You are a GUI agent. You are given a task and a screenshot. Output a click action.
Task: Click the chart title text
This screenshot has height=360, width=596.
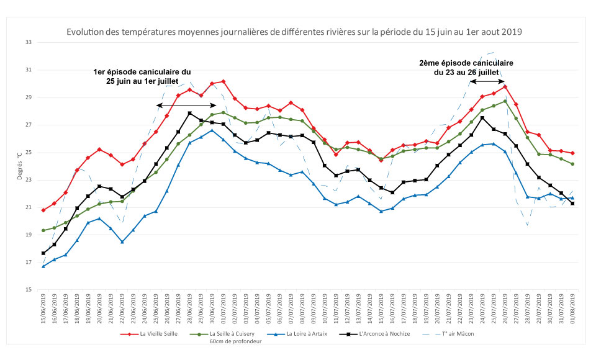click(294, 32)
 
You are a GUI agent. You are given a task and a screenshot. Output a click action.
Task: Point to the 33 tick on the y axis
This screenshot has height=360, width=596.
click(27, 43)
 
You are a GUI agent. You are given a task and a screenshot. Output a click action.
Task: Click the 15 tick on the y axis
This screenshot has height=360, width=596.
click(27, 290)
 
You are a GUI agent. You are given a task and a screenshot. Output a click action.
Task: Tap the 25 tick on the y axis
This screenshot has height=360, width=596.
click(27, 153)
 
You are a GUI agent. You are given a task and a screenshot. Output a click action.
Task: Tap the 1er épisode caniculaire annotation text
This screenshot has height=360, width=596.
click(143, 77)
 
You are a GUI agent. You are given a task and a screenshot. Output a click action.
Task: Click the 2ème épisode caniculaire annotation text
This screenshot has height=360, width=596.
click(466, 68)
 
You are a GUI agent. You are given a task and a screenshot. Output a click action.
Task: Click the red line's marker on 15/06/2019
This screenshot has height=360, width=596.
click(43, 210)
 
